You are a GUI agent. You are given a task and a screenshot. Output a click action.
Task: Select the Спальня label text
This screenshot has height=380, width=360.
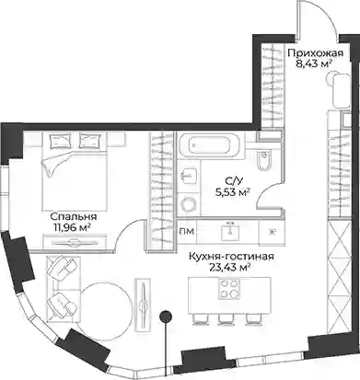coord(74,217)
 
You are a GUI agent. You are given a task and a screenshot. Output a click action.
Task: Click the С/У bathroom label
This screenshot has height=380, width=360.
coord(232,181)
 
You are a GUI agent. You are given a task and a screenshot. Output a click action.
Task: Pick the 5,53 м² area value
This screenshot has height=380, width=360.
coord(232,192)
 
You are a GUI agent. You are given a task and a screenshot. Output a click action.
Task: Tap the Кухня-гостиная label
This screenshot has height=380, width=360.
coord(231,256)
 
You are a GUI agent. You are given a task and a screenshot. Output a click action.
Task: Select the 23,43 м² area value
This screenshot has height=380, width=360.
coord(229,268)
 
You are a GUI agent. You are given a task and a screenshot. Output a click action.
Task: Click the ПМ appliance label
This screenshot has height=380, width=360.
coord(187,231)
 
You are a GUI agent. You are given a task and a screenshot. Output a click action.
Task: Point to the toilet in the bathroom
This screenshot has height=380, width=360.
coord(263,161)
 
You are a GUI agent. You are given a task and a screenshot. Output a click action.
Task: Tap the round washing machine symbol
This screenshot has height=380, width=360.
coord(189,203)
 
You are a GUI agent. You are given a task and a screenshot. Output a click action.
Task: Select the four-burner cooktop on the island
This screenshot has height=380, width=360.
coord(228,289)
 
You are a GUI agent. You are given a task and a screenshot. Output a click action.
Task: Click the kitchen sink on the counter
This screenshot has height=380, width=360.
coord(229,232)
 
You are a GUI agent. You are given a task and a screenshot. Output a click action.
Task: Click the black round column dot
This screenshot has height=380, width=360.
coord(166,316)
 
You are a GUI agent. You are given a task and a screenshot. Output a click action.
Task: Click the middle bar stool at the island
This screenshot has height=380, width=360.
coord(225,319)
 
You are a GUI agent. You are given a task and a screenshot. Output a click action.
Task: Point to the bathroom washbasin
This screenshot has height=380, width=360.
coord(189,176)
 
